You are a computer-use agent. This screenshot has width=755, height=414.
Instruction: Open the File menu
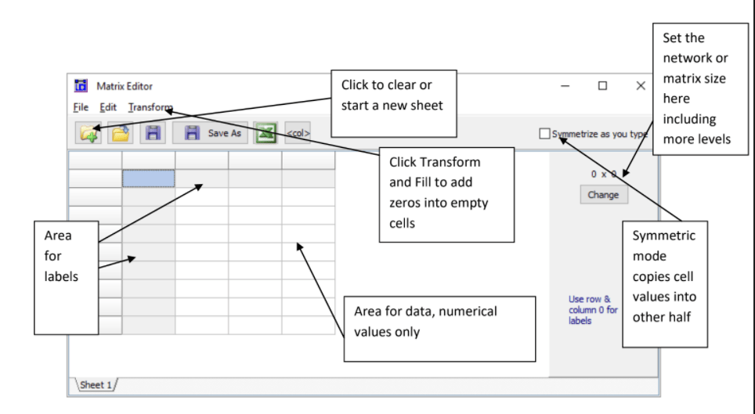pyautogui.click(x=81, y=108)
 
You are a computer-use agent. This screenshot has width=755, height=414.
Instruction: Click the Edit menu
pyautogui.click(x=108, y=108)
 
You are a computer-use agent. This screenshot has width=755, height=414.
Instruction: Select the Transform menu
pyautogui.click(x=150, y=108)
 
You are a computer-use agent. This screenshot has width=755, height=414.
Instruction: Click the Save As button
pyautogui.click(x=214, y=133)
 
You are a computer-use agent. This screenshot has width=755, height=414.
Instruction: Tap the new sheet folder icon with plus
pyautogui.click(x=89, y=133)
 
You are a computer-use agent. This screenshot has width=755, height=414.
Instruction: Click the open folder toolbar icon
pyautogui.click(x=120, y=133)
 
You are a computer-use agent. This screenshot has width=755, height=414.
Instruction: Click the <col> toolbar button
pyautogui.click(x=298, y=134)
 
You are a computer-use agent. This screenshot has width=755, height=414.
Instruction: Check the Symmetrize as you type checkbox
pyautogui.click(x=544, y=134)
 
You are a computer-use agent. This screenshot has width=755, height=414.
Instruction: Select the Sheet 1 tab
pyautogui.click(x=96, y=385)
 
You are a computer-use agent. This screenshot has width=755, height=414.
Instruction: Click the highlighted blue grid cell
pyautogui.click(x=148, y=178)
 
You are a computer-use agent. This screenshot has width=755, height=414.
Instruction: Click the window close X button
pyautogui.click(x=641, y=85)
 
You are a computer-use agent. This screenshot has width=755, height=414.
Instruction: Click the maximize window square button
pyautogui.click(x=602, y=85)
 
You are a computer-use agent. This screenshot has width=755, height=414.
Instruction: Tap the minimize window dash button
pyautogui.click(x=565, y=85)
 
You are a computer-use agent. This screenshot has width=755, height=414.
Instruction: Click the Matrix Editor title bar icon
pyautogui.click(x=81, y=86)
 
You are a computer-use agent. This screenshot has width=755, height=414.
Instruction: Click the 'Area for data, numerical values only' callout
pyautogui.click(x=439, y=328)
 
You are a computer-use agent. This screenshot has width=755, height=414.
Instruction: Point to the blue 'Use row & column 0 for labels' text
pyautogui.click(x=593, y=310)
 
